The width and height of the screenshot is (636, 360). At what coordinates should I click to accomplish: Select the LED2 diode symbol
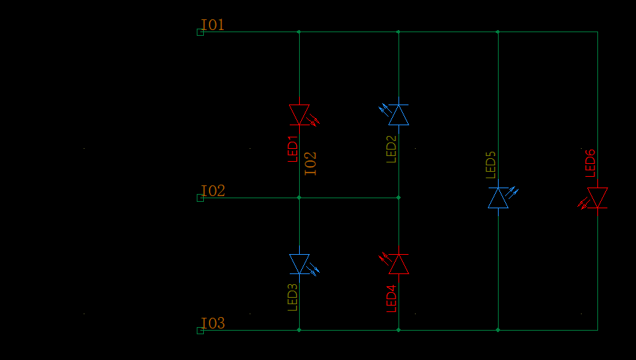pyautogui.click(x=398, y=115)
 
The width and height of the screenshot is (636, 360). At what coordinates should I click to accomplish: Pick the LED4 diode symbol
pyautogui.click(x=398, y=264)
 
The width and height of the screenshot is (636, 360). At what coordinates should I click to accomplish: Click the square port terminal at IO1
pyautogui.click(x=200, y=32)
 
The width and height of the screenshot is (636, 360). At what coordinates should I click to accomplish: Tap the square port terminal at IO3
pyautogui.click(x=200, y=331)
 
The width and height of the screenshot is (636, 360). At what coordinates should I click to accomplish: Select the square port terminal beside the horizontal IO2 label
pyautogui.click(x=200, y=198)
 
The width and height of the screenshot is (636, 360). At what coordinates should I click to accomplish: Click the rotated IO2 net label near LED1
pyautogui.click(x=310, y=164)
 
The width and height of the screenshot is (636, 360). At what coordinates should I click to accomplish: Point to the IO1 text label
pyautogui.click(x=213, y=25)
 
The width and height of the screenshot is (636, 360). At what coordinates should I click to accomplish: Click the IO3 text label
pyautogui.click(x=213, y=323)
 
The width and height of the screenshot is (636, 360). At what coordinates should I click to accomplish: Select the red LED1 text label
pyautogui.click(x=293, y=150)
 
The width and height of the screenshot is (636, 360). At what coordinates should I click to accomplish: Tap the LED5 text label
pyautogui.click(x=491, y=165)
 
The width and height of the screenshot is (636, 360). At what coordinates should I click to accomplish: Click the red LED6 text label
pyautogui.click(x=590, y=164)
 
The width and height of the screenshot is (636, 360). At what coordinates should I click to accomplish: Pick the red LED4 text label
pyautogui.click(x=391, y=298)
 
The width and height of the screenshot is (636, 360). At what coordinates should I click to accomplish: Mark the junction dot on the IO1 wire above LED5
pyautogui.click(x=498, y=31)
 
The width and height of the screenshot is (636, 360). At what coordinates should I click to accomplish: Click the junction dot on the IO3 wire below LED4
pyautogui.click(x=398, y=330)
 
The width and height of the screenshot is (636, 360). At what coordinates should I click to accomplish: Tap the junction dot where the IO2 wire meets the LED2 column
pyautogui.click(x=398, y=198)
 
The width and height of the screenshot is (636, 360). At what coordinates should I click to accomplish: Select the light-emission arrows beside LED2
pyautogui.click(x=383, y=110)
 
